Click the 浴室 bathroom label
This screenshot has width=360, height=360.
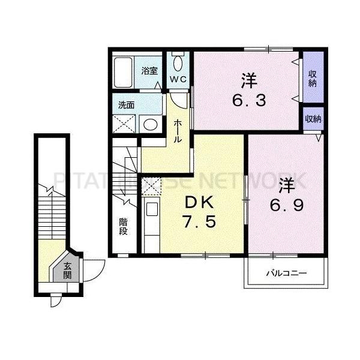(x=150, y=71)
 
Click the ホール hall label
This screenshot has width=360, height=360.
(x=178, y=130)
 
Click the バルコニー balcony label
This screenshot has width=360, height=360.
(x=287, y=273)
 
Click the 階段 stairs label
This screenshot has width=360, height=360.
(x=122, y=226)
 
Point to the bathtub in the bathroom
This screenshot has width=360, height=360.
(x=125, y=72)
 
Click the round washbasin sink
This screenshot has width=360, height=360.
(x=150, y=124)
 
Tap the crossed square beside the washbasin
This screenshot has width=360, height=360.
(x=125, y=124)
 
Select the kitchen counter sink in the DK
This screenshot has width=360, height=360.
(x=151, y=211)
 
